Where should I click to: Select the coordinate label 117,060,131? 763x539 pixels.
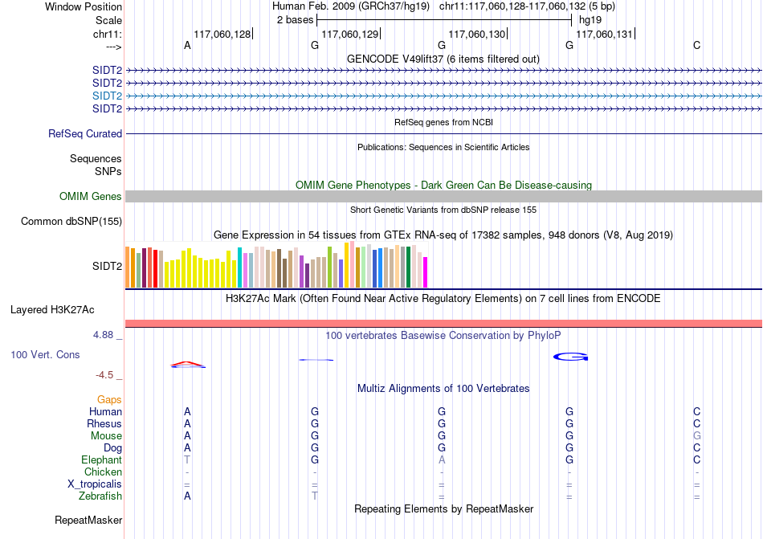604,34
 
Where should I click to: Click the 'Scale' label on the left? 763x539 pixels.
108,20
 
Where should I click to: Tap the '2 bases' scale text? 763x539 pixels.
295,19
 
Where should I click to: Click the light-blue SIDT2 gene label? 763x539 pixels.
107,96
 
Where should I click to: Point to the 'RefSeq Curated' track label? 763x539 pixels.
85,134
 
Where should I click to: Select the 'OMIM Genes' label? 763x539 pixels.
90,197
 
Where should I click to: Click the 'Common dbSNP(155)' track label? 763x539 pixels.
71,222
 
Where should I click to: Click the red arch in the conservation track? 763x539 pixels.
187,363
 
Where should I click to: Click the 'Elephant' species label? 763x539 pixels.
101,460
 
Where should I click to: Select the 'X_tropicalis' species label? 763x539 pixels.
95,484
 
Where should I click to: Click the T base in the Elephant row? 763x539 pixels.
187,460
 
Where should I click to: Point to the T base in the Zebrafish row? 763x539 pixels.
315,496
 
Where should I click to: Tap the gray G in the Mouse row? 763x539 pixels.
696,436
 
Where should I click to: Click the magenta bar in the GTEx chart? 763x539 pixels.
426,272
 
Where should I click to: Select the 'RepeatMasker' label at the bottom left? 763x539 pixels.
88,521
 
